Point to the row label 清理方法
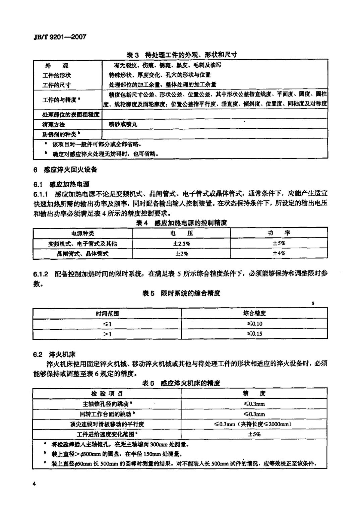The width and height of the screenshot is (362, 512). click(x=54, y=124)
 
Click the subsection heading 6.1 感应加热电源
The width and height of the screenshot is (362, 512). click(x=62, y=184)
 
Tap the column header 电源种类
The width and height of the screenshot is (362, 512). click(x=83, y=233)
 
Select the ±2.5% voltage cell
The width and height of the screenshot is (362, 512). click(x=181, y=243)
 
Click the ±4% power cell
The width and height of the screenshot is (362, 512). click(x=279, y=253)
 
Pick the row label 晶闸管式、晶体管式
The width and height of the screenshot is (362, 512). click(x=83, y=253)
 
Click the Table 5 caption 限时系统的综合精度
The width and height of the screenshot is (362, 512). click(x=181, y=293)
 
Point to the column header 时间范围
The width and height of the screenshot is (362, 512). click(x=107, y=313)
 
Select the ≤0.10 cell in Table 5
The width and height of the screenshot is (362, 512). click(x=254, y=323)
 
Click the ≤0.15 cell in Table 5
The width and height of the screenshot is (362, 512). click(x=254, y=333)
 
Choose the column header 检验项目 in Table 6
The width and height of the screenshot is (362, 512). click(x=107, y=393)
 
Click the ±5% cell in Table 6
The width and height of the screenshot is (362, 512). click(x=254, y=434)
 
